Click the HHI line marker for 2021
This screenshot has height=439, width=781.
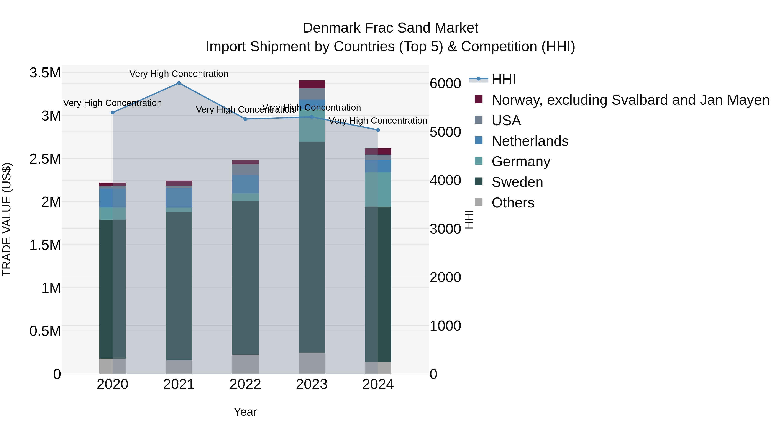[179, 83]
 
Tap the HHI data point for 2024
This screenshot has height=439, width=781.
[378, 130]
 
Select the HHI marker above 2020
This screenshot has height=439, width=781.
[112, 112]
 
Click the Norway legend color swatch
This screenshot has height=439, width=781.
[478, 99]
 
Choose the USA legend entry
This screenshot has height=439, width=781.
[506, 121]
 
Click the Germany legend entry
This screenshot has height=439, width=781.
[521, 162]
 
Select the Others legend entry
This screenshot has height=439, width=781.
[513, 203]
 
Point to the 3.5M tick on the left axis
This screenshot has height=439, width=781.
[45, 73]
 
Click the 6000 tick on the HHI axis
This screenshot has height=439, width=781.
[445, 84]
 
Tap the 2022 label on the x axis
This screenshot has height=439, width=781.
[245, 384]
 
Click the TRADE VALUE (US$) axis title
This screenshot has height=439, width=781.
[7, 219]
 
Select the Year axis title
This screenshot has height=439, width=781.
[245, 412]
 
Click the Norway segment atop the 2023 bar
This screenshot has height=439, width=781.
[312, 85]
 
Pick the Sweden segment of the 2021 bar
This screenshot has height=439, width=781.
[179, 286]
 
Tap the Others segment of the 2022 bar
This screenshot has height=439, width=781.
[245, 364]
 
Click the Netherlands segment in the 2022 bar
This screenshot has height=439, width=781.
[245, 184]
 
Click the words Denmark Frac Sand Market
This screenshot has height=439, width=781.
[390, 28]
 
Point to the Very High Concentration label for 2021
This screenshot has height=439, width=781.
[179, 74]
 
